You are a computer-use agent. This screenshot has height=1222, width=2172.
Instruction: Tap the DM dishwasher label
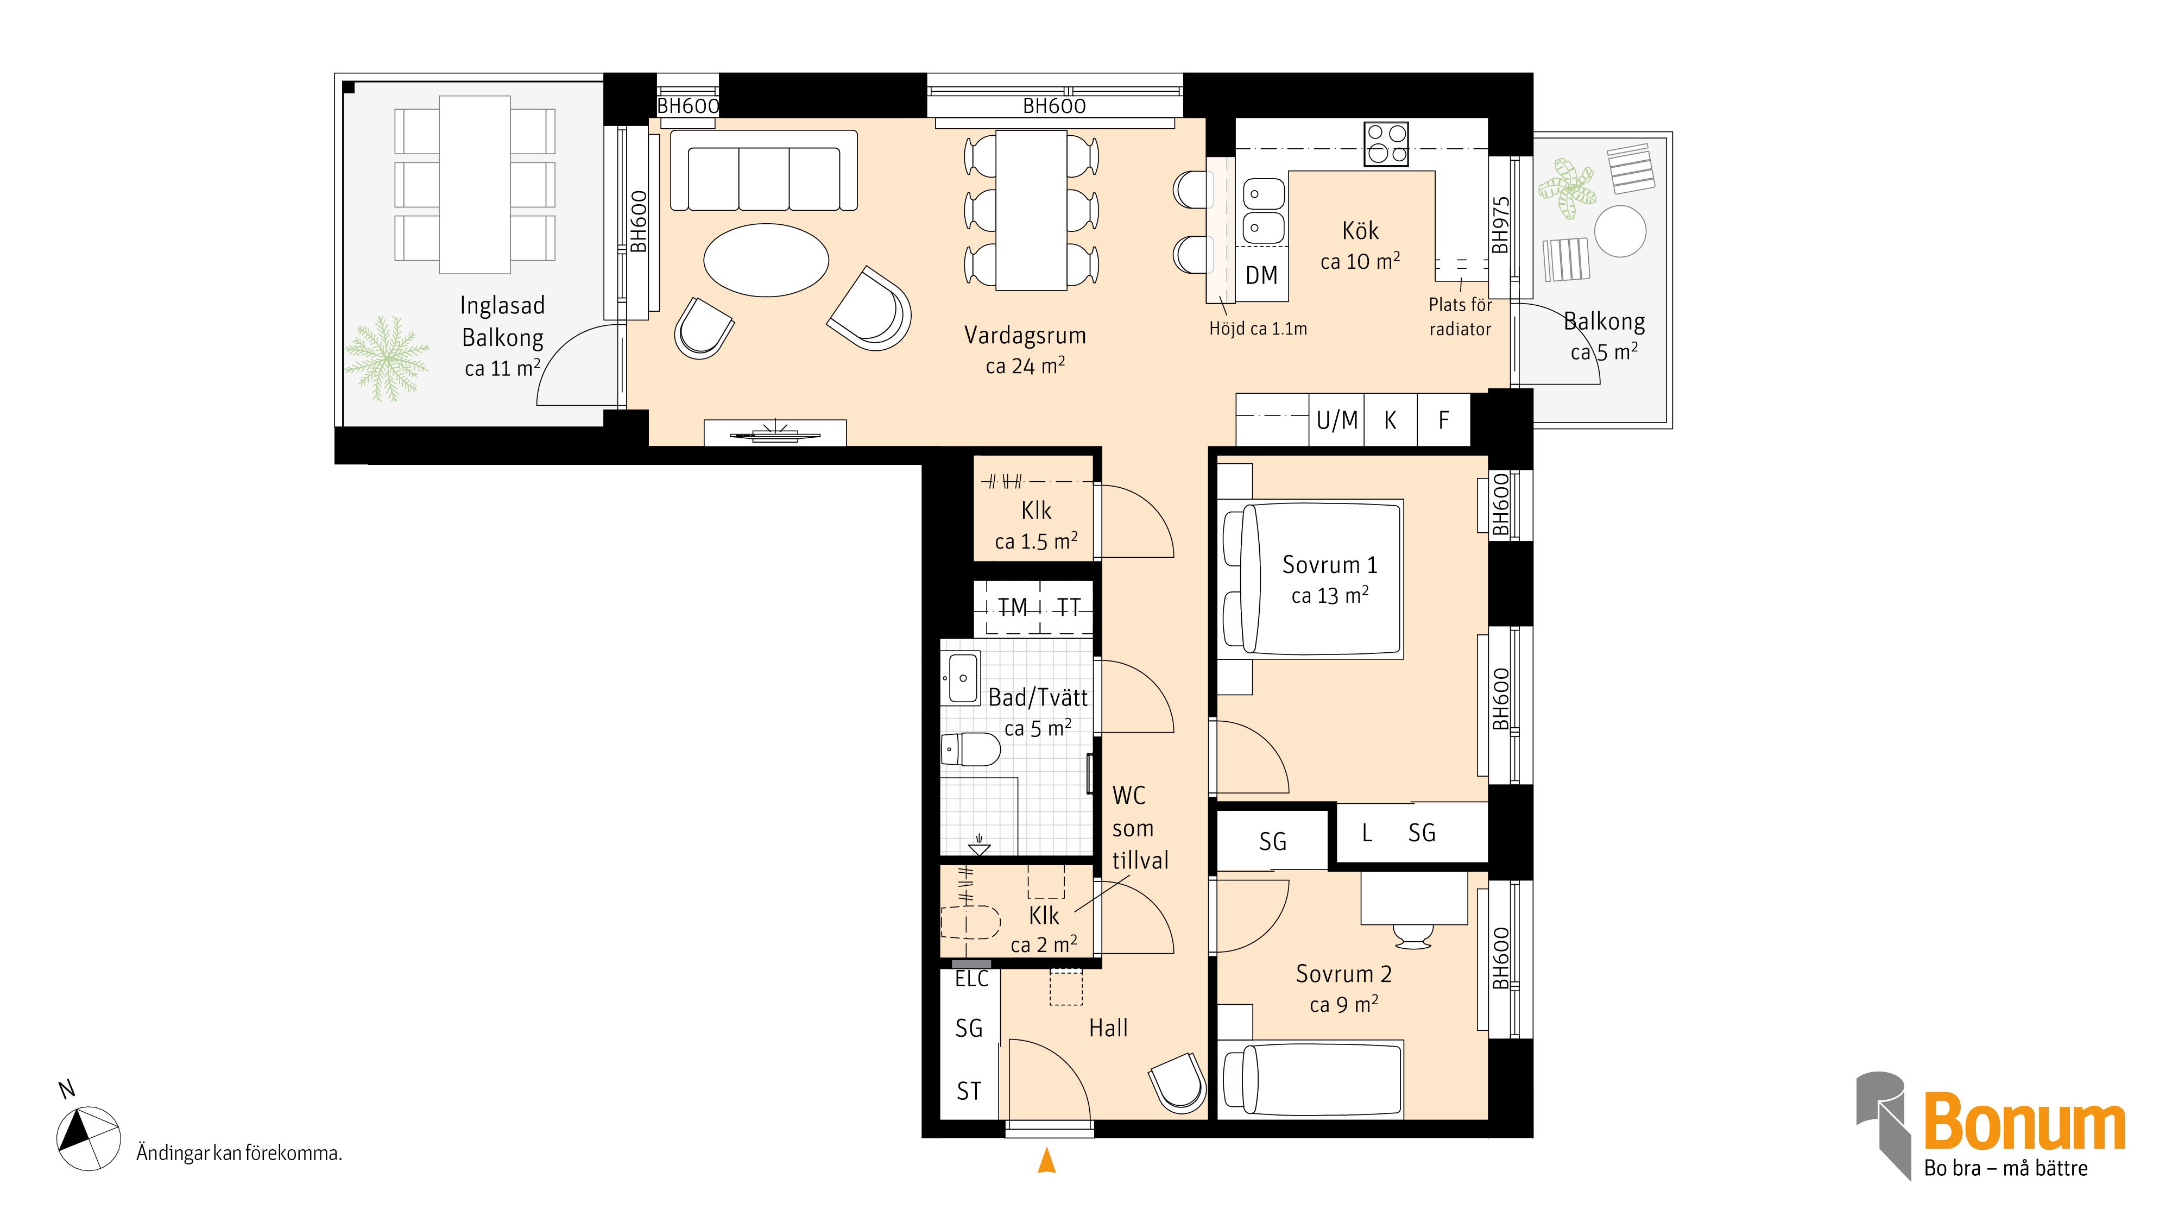point(1261,275)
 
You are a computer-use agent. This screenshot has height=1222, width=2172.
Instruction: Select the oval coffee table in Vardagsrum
point(766,260)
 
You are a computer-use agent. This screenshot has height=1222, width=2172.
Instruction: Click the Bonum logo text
point(2024,1121)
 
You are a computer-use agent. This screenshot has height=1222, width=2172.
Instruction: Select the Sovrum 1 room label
point(1330,564)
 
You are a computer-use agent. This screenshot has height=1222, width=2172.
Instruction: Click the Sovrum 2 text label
point(1344,974)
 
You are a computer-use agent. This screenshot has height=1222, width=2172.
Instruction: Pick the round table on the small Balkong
point(1620,230)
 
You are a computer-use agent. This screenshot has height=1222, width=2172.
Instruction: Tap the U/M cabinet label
point(1337,420)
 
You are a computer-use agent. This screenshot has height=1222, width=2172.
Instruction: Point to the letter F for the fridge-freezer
point(1443,420)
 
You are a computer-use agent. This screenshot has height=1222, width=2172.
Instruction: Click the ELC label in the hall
point(972,979)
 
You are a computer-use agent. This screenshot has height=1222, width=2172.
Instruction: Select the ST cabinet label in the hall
point(969,1091)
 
